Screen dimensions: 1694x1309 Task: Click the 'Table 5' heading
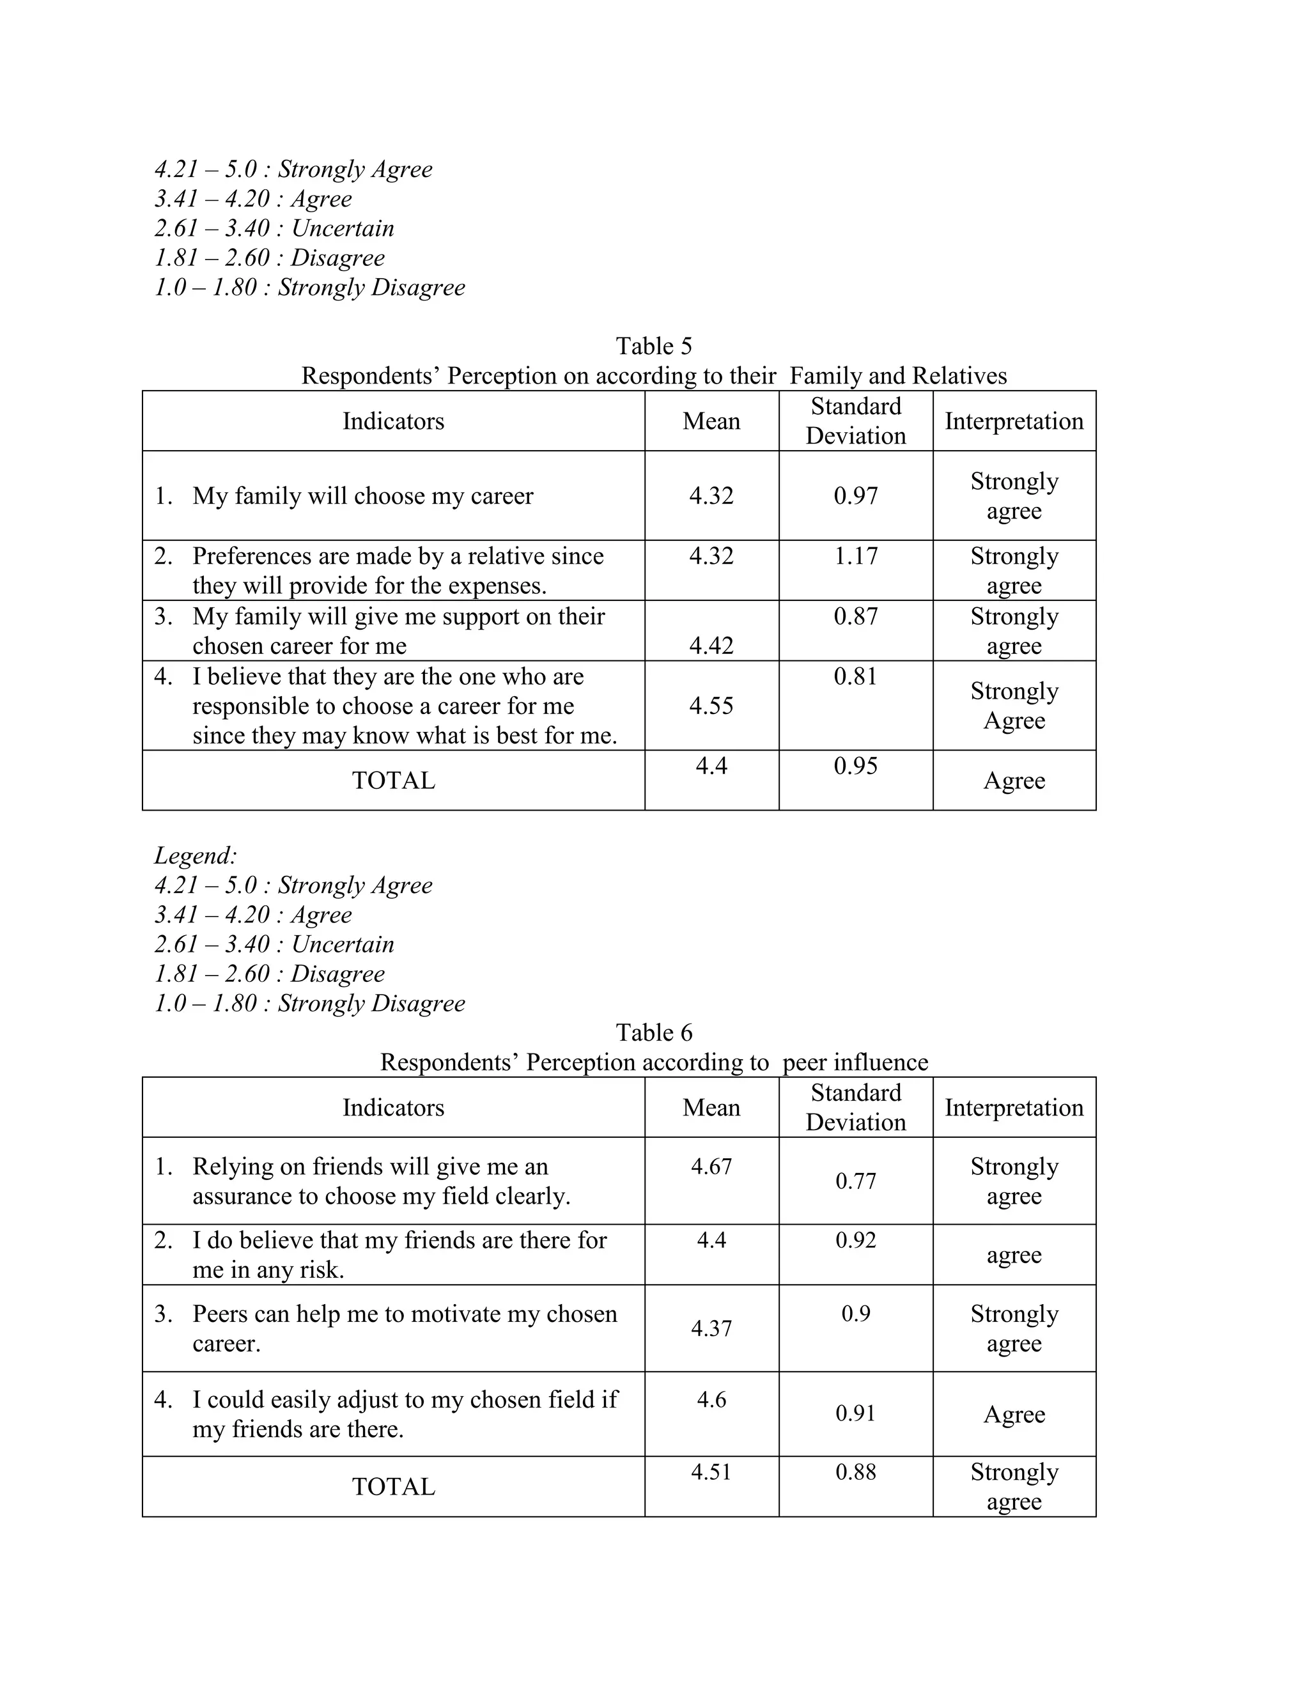[x=654, y=346]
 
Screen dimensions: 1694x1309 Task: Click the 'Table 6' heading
[x=654, y=1032]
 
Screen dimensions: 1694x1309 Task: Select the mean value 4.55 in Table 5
[x=711, y=706]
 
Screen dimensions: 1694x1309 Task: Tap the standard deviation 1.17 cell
[x=855, y=556]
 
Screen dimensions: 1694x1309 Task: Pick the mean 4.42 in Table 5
[x=711, y=646]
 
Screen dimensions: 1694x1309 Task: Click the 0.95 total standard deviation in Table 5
[x=855, y=766]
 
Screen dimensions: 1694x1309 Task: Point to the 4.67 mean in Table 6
[x=711, y=1166]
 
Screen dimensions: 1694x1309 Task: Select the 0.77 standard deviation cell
[x=855, y=1181]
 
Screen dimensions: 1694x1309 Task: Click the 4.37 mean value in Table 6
[x=711, y=1328]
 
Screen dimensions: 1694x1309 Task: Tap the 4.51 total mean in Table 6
[x=711, y=1472]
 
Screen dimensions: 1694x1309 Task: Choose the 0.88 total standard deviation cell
[x=855, y=1472]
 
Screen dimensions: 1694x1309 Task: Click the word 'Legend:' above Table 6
[x=196, y=855]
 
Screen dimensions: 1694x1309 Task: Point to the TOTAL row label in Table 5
[x=393, y=781]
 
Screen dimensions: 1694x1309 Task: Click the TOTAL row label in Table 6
[x=393, y=1486]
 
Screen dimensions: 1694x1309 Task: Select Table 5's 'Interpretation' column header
[x=1014, y=421]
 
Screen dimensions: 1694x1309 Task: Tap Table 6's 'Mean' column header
[x=711, y=1108]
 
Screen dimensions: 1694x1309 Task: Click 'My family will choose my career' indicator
[x=362, y=495]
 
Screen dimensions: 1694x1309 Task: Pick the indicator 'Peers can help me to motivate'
[x=404, y=1314]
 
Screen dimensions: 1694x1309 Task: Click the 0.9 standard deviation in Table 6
[x=855, y=1313]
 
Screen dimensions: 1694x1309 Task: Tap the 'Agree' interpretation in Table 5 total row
[x=1014, y=781]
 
